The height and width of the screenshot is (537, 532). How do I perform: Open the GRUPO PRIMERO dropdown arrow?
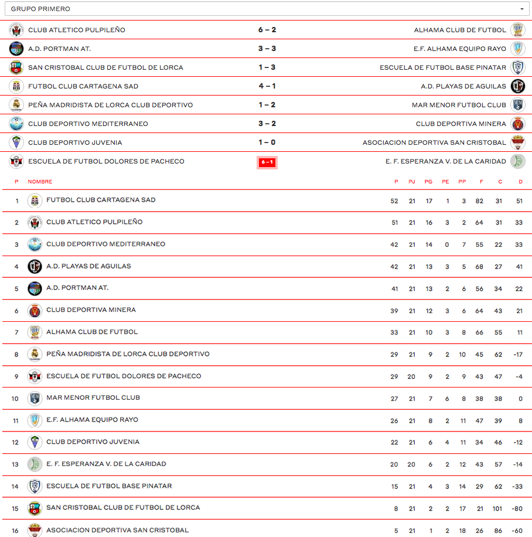pyautogui.click(x=521, y=9)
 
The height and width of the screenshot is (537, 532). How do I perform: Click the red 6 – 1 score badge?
pyautogui.click(x=267, y=162)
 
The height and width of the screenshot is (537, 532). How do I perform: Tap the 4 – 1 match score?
pyautogui.click(x=267, y=86)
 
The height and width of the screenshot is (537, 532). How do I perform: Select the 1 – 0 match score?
pyautogui.click(x=267, y=142)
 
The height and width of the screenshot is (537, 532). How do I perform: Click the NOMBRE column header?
pyautogui.click(x=40, y=182)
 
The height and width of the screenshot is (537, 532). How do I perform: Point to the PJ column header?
pyautogui.click(x=412, y=182)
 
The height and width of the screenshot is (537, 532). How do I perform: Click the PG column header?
pyautogui.click(x=429, y=182)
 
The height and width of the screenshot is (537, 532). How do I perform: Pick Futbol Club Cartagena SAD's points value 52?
pyautogui.click(x=394, y=201)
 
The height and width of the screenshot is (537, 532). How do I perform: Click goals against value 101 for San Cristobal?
pyautogui.click(x=497, y=509)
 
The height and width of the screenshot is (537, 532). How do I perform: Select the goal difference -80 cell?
pyautogui.click(x=517, y=509)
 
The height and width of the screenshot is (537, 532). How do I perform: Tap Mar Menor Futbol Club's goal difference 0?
pyautogui.click(x=520, y=399)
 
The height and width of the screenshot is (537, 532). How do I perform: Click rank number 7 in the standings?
pyautogui.click(x=16, y=333)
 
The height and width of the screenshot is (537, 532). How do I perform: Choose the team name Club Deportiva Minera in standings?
pyautogui.click(x=91, y=310)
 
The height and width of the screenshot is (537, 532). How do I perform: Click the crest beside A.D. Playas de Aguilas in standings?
pyautogui.click(x=35, y=266)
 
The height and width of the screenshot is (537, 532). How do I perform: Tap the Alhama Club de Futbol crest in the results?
pyautogui.click(x=518, y=30)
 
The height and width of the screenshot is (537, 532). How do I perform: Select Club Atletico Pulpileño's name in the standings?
pyautogui.click(x=94, y=222)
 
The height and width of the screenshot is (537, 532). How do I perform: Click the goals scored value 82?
pyautogui.click(x=481, y=201)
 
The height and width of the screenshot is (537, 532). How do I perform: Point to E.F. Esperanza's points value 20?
pyautogui.click(x=394, y=465)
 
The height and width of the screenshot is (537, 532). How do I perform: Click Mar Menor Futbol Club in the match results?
pyautogui.click(x=459, y=105)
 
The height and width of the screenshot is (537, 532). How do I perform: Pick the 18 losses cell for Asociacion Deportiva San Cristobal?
pyautogui.click(x=463, y=531)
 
